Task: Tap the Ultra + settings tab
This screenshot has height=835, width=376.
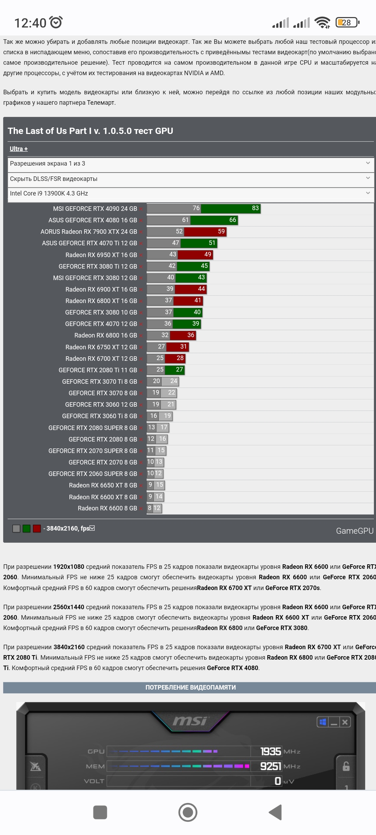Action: coord(18,149)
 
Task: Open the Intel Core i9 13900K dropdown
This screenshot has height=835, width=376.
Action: coord(190,193)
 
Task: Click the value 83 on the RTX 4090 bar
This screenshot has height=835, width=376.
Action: coord(255,208)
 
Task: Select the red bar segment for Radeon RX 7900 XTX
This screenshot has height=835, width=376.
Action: coord(205,231)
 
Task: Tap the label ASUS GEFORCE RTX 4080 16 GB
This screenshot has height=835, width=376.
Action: coord(93,220)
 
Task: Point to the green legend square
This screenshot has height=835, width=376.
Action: coord(26,528)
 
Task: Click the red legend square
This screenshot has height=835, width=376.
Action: coord(37,528)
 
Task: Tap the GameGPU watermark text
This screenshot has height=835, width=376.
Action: coord(354,531)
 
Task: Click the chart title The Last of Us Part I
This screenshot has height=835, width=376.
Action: coord(90,131)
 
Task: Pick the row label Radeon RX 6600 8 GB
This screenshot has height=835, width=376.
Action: coord(107,508)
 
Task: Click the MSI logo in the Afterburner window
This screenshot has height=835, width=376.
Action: coord(190,721)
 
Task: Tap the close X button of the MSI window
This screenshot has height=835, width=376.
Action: coord(345,722)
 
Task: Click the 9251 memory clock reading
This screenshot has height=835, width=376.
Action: coord(271,766)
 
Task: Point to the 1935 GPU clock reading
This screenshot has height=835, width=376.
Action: coord(271,751)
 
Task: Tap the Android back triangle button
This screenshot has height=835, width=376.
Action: coord(275,812)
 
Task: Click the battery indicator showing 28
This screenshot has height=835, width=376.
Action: coord(347,23)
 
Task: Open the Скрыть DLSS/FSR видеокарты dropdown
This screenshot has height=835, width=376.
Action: coord(190,179)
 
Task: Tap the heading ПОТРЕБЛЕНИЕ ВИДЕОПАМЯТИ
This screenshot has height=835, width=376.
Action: coord(190,687)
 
